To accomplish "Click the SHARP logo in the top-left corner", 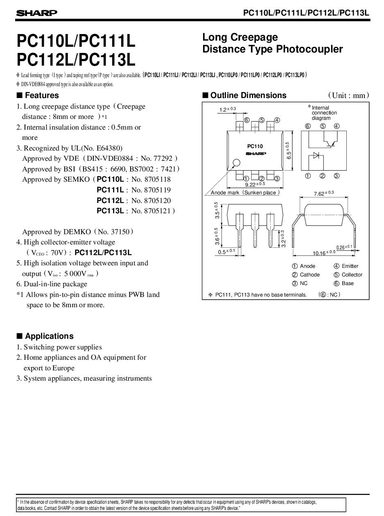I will (x=36, y=14).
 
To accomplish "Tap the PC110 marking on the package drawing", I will (x=255, y=146).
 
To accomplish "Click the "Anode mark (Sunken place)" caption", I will (x=245, y=192).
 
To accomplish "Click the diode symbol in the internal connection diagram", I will (x=316, y=155).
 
